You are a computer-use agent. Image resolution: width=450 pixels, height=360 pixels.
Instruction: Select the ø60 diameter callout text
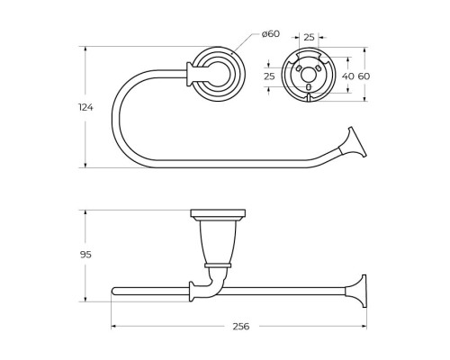[x=270, y=34]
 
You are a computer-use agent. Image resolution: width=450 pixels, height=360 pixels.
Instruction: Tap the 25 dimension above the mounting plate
[x=309, y=37]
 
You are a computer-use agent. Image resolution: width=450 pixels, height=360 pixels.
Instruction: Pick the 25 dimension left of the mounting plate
[x=268, y=76]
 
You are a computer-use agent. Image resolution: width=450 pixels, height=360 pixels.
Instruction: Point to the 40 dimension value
[x=347, y=76]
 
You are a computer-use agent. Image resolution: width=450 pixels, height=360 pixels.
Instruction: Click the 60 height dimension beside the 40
[x=364, y=76]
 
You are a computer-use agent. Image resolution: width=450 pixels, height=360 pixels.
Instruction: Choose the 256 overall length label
[x=238, y=327]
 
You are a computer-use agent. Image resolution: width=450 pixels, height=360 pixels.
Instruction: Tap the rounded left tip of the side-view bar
[x=113, y=291]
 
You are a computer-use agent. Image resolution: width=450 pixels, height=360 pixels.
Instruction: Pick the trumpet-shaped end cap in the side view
[x=361, y=290]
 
